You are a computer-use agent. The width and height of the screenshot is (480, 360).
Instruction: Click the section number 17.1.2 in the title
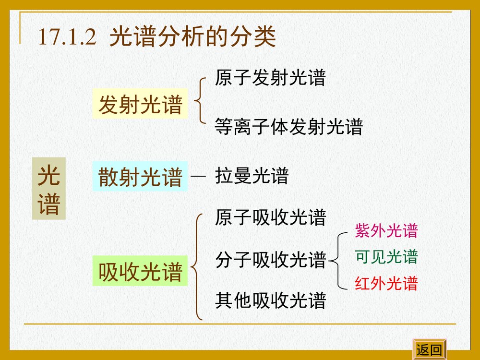(68, 37)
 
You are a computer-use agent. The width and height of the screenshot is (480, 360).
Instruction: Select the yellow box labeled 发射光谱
(140, 105)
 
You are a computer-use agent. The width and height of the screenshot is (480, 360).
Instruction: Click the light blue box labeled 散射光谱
(140, 177)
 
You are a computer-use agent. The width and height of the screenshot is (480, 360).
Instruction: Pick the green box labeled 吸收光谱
(140, 272)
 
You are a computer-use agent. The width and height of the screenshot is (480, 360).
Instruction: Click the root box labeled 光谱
(49, 189)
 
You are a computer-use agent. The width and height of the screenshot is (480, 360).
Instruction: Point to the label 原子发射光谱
(270, 78)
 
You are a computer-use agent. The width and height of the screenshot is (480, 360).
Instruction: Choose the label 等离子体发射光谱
(289, 127)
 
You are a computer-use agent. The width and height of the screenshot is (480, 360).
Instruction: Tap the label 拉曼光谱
(252, 176)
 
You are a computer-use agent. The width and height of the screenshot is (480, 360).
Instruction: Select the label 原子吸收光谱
(271, 217)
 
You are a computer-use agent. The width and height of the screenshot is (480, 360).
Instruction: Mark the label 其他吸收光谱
(271, 300)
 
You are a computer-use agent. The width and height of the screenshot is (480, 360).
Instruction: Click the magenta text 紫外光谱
(386, 231)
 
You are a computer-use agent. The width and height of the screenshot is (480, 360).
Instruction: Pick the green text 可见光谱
(386, 257)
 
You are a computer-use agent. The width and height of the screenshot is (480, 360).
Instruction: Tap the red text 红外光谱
(386, 284)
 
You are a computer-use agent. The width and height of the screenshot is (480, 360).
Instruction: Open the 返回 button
(429, 350)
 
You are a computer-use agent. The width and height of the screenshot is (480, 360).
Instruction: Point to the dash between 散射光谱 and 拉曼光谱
(198, 177)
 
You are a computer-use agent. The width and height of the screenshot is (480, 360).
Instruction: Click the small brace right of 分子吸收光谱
(338, 260)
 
